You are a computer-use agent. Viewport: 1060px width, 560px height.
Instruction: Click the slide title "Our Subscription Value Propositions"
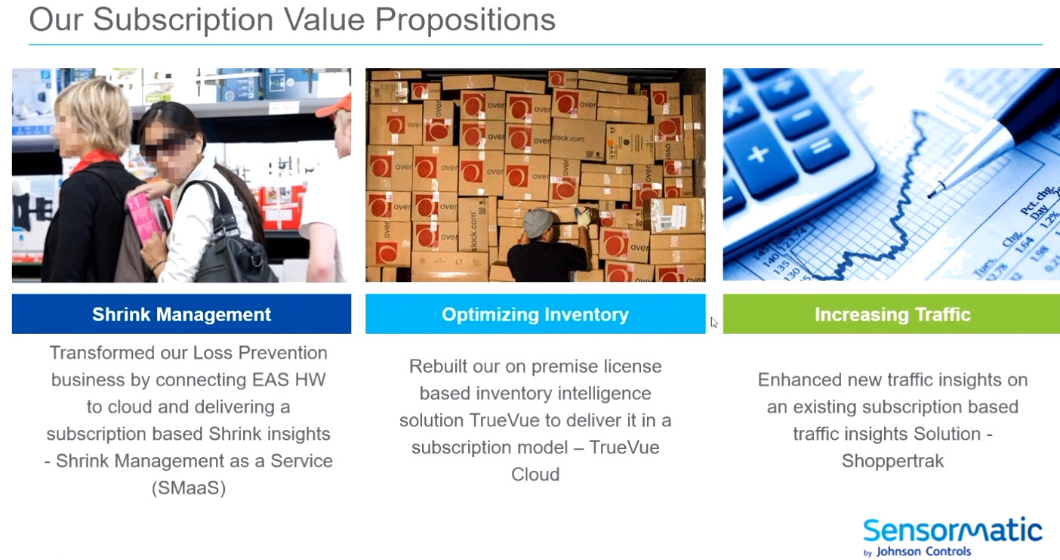point(292,20)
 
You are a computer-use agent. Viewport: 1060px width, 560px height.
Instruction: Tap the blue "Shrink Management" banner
point(181,314)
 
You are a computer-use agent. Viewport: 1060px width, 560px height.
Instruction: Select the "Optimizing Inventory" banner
point(535,314)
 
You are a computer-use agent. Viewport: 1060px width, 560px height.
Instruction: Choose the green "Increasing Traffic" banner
point(892,314)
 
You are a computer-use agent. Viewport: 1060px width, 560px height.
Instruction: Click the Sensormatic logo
point(953,531)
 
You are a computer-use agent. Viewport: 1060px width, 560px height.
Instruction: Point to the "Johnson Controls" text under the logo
point(923,552)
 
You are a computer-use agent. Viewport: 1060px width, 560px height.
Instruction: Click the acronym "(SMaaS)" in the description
point(188,488)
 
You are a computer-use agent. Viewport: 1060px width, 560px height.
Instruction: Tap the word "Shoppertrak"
point(892,460)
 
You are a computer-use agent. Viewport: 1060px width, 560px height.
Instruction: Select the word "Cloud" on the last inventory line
point(535,475)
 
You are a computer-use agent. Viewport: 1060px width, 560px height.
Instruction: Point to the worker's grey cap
point(538,223)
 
